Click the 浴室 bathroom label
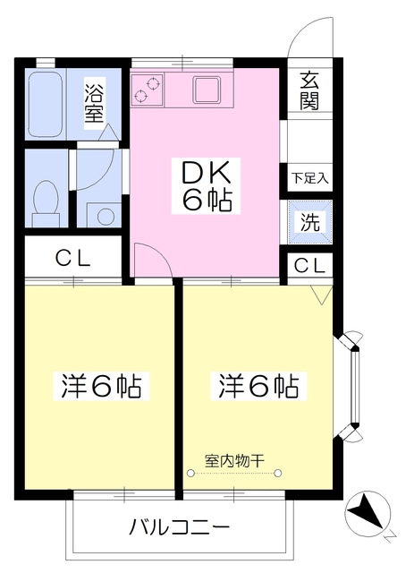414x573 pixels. coord(94,102)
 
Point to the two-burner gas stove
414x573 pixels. coord(148,87)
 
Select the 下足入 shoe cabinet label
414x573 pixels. coord(309,177)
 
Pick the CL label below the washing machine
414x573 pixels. coord(309,265)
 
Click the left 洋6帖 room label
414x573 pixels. coord(101,387)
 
